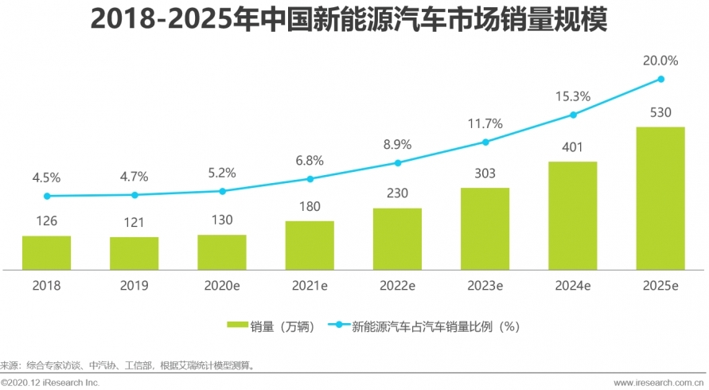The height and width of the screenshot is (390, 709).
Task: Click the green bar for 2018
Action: coord(46,252)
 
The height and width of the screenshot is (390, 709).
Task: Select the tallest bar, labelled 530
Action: coord(660,198)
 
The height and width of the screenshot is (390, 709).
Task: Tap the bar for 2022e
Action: coord(397,239)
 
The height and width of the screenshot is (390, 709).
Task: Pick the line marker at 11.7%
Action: coord(485,142)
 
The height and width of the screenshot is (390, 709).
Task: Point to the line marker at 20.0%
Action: coord(660,79)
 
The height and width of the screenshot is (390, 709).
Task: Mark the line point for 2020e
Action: coord(222,191)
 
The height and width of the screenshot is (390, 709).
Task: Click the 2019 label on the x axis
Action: coord(134,285)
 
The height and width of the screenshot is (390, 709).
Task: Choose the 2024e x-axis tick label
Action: coord(573,285)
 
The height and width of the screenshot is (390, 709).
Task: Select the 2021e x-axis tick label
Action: coord(310,285)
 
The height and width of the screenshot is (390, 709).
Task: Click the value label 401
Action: coord(573,147)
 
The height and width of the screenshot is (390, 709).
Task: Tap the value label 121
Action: coord(134,223)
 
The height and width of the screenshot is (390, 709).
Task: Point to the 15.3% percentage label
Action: coord(573,96)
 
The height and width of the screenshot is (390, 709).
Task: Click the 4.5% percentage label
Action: coord(46,177)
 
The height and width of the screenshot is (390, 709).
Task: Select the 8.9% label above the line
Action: coord(397,144)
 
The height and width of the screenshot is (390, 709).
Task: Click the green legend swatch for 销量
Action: coord(238,325)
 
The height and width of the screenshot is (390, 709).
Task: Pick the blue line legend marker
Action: coord(339,325)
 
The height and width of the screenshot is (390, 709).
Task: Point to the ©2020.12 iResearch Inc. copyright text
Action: coord(50,383)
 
